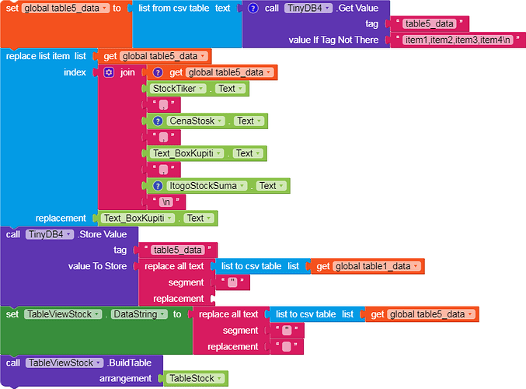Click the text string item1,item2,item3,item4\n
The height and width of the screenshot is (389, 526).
click(458, 40)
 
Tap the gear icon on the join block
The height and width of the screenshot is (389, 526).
click(109, 72)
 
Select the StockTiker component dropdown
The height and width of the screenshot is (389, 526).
click(178, 89)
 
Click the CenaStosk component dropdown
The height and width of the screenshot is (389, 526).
click(196, 121)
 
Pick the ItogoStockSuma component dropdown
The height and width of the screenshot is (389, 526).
click(207, 186)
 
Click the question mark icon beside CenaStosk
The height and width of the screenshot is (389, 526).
click(158, 121)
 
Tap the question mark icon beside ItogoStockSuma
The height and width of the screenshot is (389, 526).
click(158, 186)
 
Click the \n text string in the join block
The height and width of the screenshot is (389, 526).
click(166, 202)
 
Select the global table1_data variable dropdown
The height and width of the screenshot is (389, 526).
click(377, 266)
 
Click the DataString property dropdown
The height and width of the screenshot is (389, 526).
click(139, 314)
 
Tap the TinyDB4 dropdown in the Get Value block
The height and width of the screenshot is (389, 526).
click(308, 8)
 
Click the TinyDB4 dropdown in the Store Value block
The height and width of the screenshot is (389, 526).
click(50, 234)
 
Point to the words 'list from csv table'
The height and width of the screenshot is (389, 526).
click(174, 8)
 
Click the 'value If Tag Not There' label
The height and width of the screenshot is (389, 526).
click(333, 40)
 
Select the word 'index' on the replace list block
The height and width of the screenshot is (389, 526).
click(75, 72)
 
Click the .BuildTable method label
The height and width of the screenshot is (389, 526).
click(129, 363)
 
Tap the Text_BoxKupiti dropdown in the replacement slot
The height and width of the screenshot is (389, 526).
click(138, 219)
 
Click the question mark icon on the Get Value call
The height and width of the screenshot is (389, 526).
click(253, 8)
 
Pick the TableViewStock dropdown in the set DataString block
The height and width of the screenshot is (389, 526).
click(63, 314)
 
